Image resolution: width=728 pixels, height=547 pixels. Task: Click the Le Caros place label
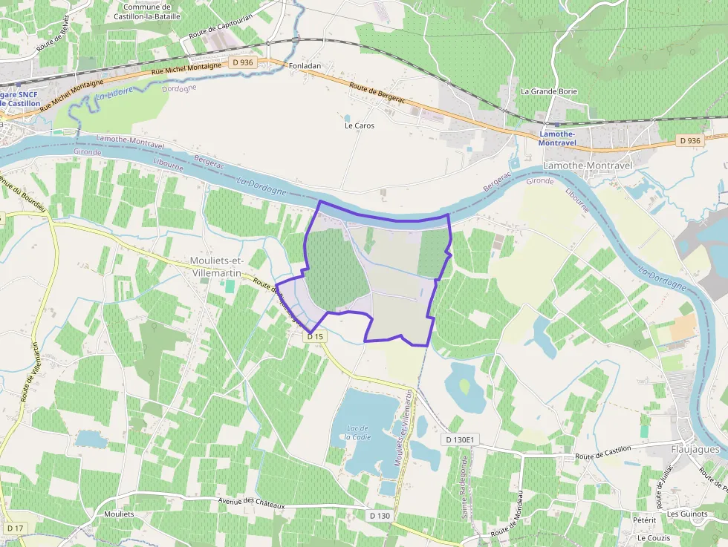[x=360, y=125]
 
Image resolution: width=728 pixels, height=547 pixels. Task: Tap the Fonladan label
[x=305, y=65]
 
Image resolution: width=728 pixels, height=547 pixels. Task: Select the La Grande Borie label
[x=548, y=91]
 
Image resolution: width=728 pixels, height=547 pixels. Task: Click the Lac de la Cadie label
[x=357, y=432]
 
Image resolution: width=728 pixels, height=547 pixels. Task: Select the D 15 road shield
[x=316, y=336]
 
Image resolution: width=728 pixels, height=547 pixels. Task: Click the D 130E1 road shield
[x=460, y=440]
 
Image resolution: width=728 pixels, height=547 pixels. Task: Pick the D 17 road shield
[x=15, y=528]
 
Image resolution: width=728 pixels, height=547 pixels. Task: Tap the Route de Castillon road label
[x=602, y=452]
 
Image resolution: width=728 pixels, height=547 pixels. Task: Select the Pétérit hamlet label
[x=644, y=520]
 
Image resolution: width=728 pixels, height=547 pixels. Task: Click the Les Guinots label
[x=687, y=514]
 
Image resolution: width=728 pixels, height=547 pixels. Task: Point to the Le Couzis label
[x=654, y=538]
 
